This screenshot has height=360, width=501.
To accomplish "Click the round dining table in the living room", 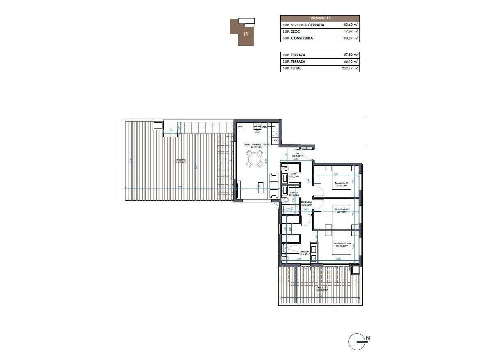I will click(x=255, y=159).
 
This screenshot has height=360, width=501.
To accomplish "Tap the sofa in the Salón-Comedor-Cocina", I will click(x=274, y=185).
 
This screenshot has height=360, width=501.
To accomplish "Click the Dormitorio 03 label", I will click(x=341, y=184).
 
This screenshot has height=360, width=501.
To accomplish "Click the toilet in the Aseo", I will click(x=286, y=169).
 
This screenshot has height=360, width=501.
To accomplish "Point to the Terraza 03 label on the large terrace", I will click(x=181, y=161).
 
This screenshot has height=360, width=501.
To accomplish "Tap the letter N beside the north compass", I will click(x=368, y=338).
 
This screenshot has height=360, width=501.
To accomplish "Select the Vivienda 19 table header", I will click(x=320, y=18).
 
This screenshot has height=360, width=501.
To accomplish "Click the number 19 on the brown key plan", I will click(x=245, y=34).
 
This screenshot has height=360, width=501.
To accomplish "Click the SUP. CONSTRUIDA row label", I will click(x=298, y=38).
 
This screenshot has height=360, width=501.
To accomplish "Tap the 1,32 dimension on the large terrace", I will click(x=170, y=131).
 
